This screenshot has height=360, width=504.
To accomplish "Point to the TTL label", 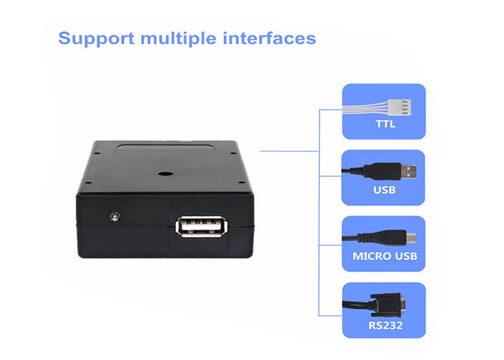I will coord(385,126).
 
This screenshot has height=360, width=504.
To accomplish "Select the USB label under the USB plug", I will coord(385,192).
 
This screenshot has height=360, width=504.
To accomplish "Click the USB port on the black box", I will coord(200,225).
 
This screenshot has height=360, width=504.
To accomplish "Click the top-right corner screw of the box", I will coord(232,153).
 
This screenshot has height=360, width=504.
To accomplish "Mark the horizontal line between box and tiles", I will coord(288,151).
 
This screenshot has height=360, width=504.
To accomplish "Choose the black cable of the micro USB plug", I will coord(360,238).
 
